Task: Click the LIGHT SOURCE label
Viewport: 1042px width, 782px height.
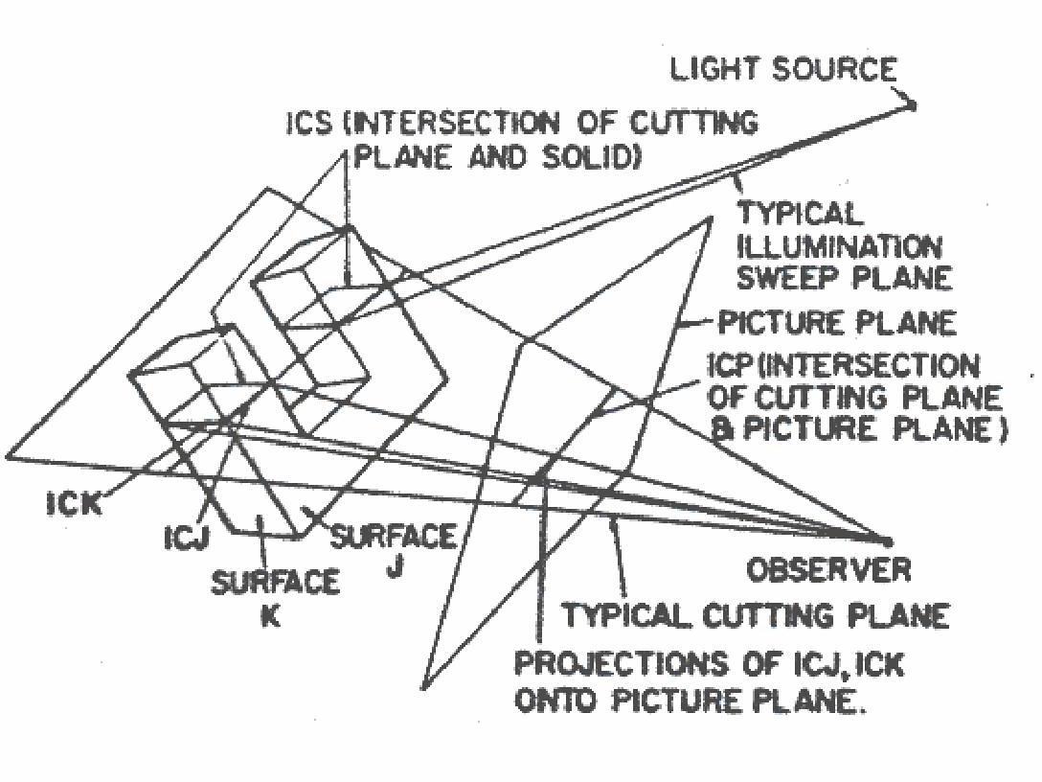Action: coord(782,70)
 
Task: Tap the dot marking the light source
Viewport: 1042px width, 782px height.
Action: coord(912,104)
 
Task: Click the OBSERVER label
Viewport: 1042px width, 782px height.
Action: coord(828,570)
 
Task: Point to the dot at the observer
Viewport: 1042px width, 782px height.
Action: coord(887,542)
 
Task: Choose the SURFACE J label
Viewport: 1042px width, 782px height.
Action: coord(393,549)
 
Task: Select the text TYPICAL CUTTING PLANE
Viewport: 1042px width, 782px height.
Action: coord(755,614)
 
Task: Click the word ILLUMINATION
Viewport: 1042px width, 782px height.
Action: coord(839,247)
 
